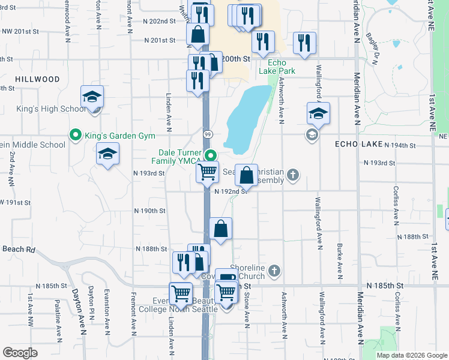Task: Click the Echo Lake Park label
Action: click(x=277, y=67)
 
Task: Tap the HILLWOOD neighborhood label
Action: click(x=37, y=79)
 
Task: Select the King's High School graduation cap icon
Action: click(x=92, y=97)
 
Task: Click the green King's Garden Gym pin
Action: click(x=76, y=135)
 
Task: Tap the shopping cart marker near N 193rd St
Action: click(x=208, y=173)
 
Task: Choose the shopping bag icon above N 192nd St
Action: click(x=246, y=176)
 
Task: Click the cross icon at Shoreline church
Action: click(x=275, y=269)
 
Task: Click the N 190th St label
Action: click(x=150, y=211)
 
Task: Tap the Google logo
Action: click(x=20, y=353)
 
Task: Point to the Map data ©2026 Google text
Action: click(x=412, y=355)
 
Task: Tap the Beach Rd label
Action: click(x=19, y=249)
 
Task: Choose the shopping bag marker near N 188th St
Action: click(x=221, y=229)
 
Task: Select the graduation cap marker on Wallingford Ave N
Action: click(x=318, y=114)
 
